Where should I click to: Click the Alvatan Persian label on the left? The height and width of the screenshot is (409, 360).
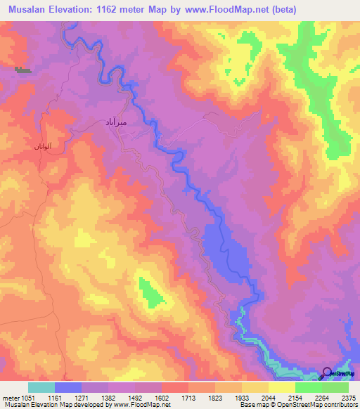pos(36,146)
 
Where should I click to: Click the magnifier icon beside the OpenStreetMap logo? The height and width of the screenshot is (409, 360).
pos(327,372)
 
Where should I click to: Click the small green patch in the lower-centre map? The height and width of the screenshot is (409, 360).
pos(149,292)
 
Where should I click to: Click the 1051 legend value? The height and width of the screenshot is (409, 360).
pos(27,397)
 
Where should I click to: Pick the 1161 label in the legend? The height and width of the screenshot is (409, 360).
pos(54,397)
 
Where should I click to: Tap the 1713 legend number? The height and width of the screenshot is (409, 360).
pos(188,397)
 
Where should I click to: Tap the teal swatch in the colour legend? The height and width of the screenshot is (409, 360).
pos(41,387)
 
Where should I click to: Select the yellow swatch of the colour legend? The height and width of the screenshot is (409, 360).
pos(281,387)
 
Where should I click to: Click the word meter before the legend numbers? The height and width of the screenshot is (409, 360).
pos(9,397)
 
